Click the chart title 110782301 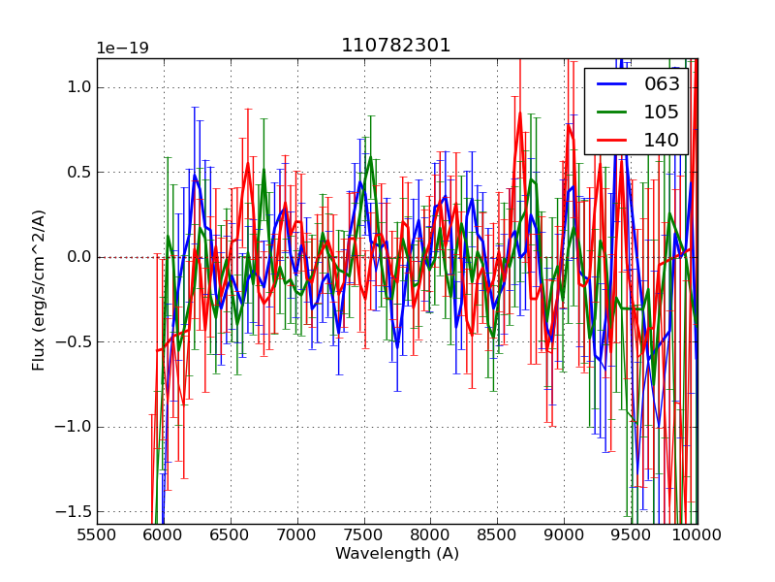pos(396,46)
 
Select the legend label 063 pos(662,84)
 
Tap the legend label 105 pos(662,113)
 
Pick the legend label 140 pos(662,141)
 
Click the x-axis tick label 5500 pos(97,534)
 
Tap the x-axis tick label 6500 pos(231,534)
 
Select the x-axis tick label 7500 pos(364,534)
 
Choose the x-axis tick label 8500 pos(497,534)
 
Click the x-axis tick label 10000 pos(697,534)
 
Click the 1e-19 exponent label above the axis pos(122,48)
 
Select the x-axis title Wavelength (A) pos(397,554)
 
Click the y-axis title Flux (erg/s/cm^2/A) pos(39,290)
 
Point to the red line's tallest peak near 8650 pos(519,113)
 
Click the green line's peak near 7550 pos(369,158)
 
